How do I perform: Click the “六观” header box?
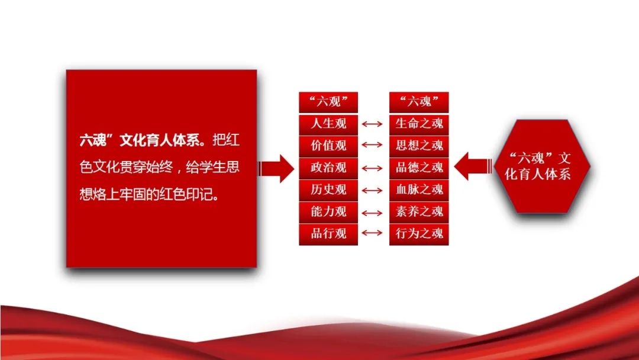pos(328,102)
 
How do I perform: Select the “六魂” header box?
pos(419,102)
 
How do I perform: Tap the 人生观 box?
pos(328,124)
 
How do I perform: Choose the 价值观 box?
pos(328,146)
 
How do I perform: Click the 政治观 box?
pos(328,168)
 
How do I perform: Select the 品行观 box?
pos(328,234)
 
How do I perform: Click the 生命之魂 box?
pos(419,124)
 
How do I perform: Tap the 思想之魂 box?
pos(419,146)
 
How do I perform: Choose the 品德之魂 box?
pos(419,168)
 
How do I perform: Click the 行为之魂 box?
pos(419,234)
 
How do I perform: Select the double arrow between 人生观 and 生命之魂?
pos(372,124)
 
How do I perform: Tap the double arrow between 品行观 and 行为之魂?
pos(372,233)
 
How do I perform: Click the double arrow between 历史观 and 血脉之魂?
pos(372,191)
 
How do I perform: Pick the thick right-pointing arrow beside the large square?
pos(276,168)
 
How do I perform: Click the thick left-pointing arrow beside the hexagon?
pos(473,166)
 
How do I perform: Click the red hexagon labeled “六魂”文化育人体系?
pos(542,166)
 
